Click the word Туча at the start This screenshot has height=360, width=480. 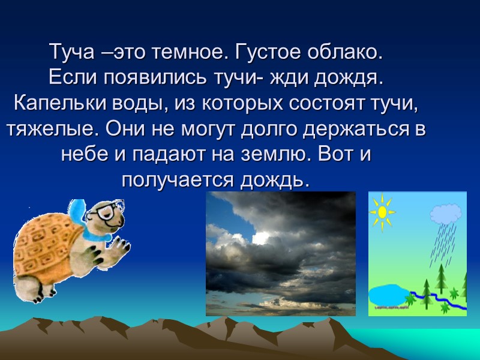[x=68, y=52]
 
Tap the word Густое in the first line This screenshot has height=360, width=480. [x=264, y=52]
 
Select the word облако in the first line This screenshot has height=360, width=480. [x=342, y=52]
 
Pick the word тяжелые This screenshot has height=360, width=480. [x=42, y=129]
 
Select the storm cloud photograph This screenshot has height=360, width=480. [x=281, y=254]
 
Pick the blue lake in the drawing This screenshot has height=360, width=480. [x=386, y=295]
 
